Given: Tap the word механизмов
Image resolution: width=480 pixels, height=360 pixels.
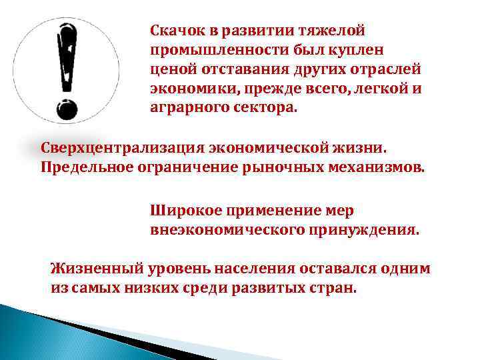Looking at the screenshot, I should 376,165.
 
